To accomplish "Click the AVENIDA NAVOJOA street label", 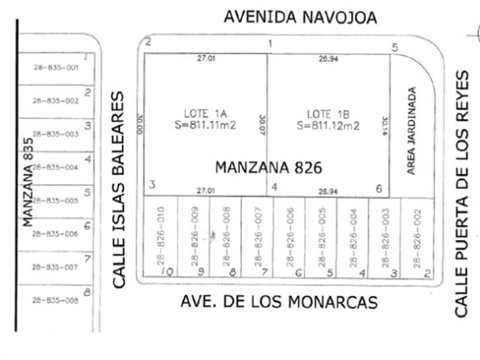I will coord(300,17).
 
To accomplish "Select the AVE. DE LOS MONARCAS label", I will coord(279,302).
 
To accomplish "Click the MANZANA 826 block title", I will coord(267,167).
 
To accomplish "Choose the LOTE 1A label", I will coord(200,113).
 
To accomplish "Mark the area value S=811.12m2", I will coord(328,126).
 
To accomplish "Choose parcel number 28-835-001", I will coord(55,67).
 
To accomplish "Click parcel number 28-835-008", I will coord(55,301).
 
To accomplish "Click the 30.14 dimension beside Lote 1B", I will coord(384,125).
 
